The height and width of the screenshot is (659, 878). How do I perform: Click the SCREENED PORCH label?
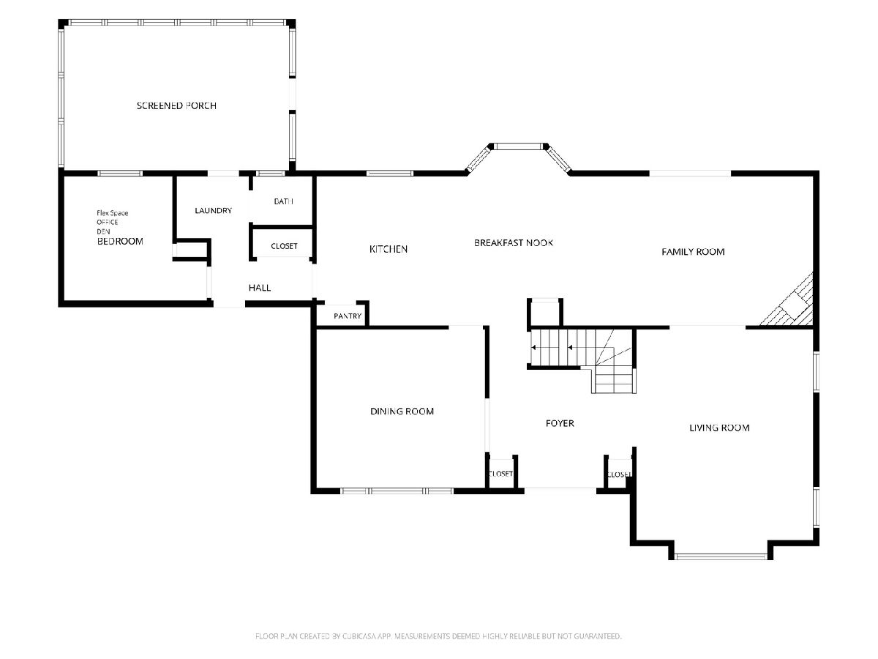[x=176, y=105]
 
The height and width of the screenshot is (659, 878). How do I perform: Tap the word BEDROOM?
[x=120, y=242]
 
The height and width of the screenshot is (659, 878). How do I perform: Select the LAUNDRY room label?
[x=213, y=210]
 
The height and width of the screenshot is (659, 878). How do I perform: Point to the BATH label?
[x=283, y=201]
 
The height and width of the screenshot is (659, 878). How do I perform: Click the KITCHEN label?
[x=389, y=249]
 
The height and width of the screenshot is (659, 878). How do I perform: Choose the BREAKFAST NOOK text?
[x=514, y=243]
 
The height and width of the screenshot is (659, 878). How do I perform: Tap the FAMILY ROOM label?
[x=693, y=252]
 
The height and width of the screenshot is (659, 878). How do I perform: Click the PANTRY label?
[x=348, y=316]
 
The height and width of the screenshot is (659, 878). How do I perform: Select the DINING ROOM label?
[x=402, y=412]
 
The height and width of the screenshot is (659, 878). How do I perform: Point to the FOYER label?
[x=560, y=423]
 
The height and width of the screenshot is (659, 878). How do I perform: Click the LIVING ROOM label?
[x=719, y=428]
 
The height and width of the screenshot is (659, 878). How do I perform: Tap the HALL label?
[x=260, y=288]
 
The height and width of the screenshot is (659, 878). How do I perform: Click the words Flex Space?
[x=113, y=213]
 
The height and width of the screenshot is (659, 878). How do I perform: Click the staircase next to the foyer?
[x=582, y=360]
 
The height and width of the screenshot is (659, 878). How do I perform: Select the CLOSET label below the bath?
[x=284, y=246]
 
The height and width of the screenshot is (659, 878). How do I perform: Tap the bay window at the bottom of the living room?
[x=721, y=556]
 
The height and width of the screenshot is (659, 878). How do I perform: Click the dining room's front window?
[x=397, y=491]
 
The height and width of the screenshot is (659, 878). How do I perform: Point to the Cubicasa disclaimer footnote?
[x=438, y=636]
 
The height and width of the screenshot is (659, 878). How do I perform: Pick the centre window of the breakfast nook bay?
[x=519, y=147]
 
